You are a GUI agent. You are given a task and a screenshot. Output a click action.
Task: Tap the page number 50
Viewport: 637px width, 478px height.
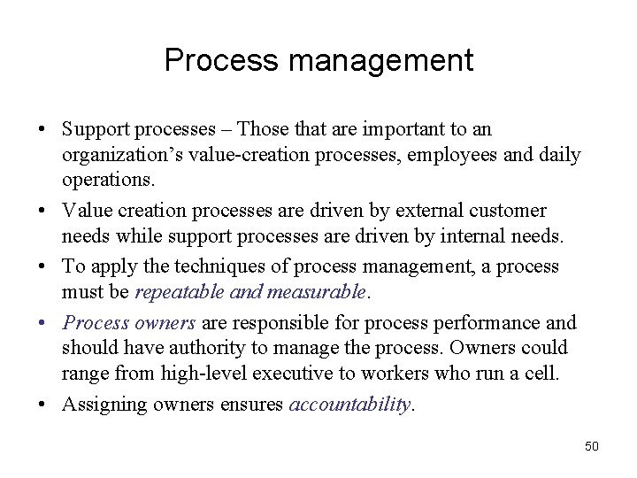click(x=592, y=446)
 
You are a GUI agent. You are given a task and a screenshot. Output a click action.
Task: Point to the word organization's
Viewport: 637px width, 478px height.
click(x=113, y=156)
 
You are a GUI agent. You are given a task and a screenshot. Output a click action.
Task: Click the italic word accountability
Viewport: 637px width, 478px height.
click(x=350, y=405)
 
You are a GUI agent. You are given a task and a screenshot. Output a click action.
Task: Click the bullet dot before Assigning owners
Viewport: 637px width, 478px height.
click(x=44, y=405)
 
